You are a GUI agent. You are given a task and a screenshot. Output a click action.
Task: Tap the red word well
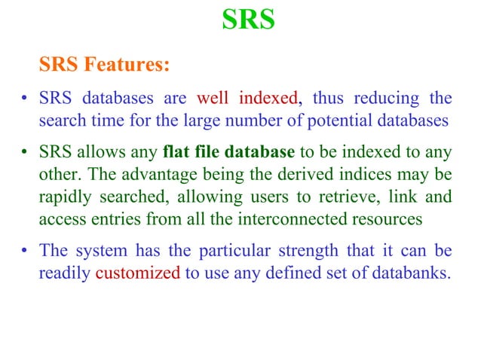[x=213, y=99]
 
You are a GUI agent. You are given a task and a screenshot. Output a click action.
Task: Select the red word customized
[x=138, y=273]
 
